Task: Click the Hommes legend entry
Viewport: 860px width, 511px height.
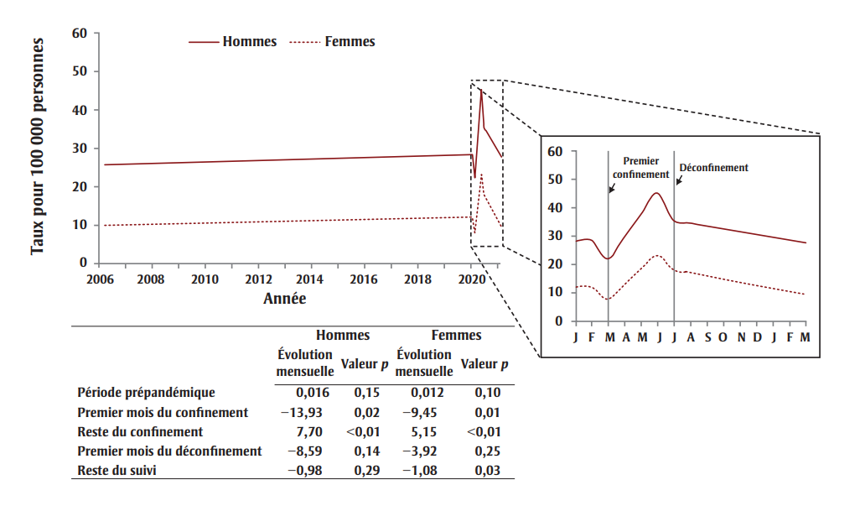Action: (x=249, y=42)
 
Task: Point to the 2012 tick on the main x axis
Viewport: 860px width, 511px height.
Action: (x=258, y=279)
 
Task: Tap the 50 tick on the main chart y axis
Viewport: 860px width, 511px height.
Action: (x=80, y=72)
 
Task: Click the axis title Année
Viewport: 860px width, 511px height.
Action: (x=285, y=298)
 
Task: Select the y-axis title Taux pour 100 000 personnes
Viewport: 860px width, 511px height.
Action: (x=37, y=147)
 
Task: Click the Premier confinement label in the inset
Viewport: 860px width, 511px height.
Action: (x=641, y=167)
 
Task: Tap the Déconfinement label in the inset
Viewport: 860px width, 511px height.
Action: (x=713, y=168)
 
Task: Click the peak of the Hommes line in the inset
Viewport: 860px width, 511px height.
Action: (x=656, y=193)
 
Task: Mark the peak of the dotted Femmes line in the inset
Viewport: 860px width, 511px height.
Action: (x=657, y=255)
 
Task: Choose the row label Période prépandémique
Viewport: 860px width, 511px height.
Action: (x=146, y=392)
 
